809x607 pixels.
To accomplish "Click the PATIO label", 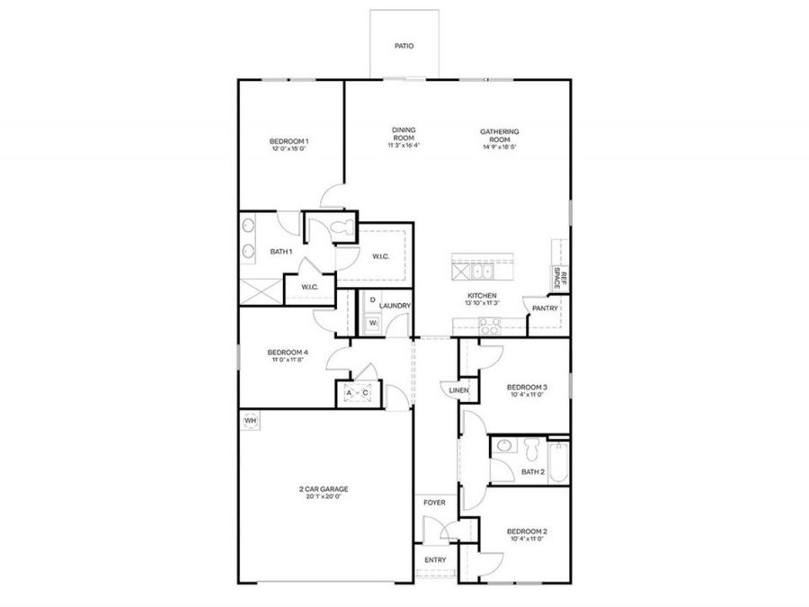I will click(x=404, y=45).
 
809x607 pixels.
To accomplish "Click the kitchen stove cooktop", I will click(x=491, y=327).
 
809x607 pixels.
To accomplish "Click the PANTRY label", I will click(x=545, y=308).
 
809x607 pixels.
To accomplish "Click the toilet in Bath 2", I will click(x=531, y=447).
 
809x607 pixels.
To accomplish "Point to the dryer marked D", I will click(x=371, y=299).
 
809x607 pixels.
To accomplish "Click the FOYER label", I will click(x=435, y=503).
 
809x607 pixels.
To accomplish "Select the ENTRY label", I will click(x=435, y=559).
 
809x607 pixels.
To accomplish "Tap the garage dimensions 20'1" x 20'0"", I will click(x=324, y=497).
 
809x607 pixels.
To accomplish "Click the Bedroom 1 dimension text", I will click(x=289, y=150).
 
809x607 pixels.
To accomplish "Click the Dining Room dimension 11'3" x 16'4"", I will click(x=404, y=146).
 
